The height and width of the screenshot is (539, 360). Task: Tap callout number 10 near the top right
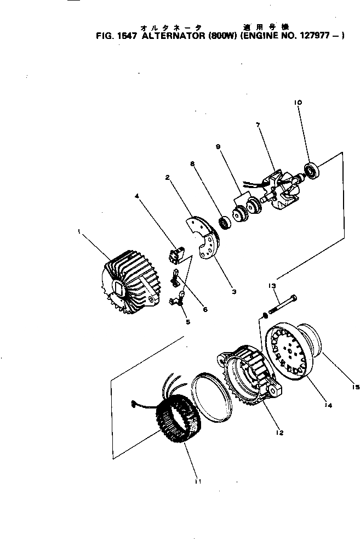coord(298,103)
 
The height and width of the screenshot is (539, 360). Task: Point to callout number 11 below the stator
coord(198,481)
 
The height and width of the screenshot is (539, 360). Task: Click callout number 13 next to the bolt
coord(272,286)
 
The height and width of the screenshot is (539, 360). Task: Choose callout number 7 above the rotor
coord(257,125)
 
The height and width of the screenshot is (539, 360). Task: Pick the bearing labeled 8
coord(224,222)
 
